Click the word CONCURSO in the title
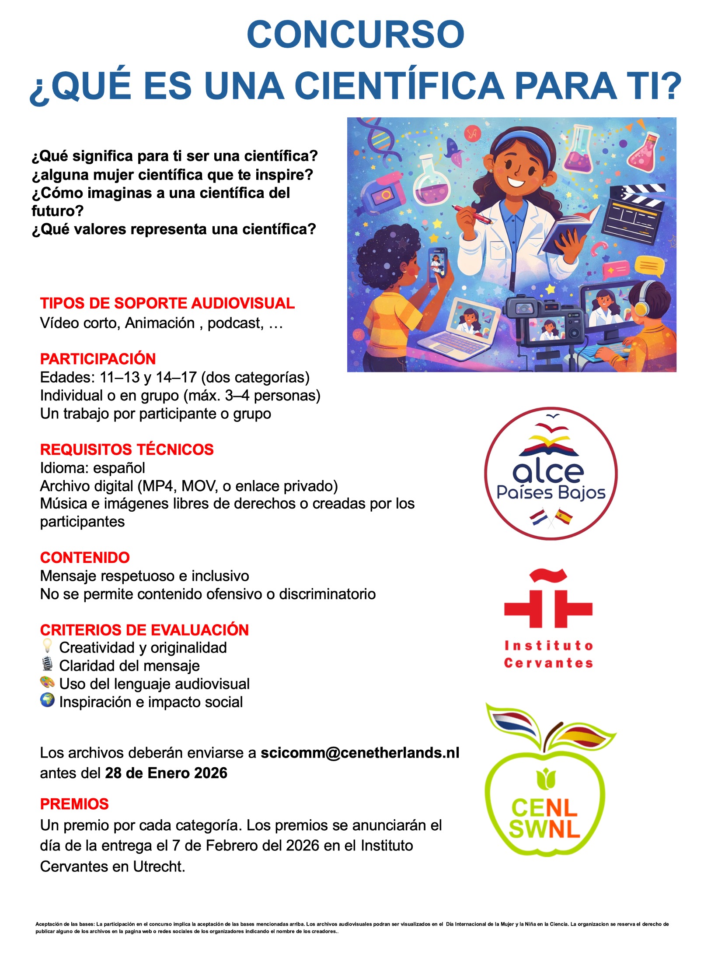point(355,35)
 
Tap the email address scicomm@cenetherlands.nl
point(359,753)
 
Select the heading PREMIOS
point(74,804)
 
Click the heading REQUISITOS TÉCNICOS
point(127,449)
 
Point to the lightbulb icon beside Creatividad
point(47,646)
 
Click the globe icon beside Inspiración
point(47,700)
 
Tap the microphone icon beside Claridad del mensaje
point(47,664)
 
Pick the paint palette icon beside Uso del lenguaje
point(47,682)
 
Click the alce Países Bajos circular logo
point(551,474)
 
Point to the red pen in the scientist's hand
point(472,214)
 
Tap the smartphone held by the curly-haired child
point(437,264)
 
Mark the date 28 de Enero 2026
point(166,773)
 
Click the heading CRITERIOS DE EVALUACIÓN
point(144,630)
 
